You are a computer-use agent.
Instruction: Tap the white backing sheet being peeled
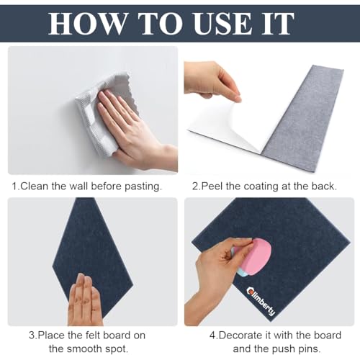(x=223, y=126)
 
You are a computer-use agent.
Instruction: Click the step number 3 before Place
(x=32, y=335)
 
